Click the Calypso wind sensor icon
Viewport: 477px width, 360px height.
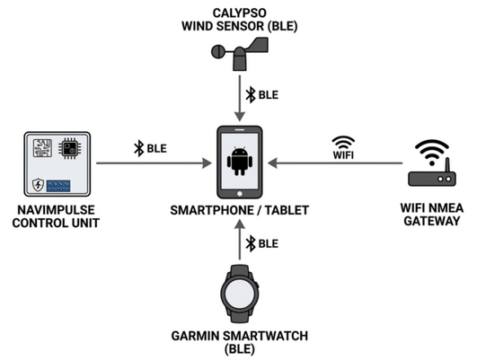pos(240,54)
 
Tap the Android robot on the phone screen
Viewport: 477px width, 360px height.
pos(240,162)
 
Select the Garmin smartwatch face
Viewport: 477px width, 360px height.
pos(240,294)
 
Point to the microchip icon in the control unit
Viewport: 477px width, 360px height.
pos(70,148)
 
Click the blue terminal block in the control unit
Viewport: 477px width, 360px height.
pos(58,186)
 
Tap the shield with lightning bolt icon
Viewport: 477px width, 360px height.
pos(38,185)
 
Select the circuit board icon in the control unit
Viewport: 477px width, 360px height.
pos(42,148)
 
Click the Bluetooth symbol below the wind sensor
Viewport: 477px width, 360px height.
pos(251,95)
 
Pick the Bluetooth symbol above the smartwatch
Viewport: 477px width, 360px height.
pos(251,243)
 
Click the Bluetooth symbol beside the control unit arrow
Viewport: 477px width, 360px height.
pos(139,148)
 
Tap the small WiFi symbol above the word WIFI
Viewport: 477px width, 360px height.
pos(343,143)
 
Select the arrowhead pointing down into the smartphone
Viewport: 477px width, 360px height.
pos(240,117)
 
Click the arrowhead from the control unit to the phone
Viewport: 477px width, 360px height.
pos(207,163)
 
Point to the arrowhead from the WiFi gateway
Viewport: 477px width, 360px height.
pos(272,163)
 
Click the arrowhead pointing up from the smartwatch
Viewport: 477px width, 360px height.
pos(240,224)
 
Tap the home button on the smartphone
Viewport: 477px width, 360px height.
pos(240,194)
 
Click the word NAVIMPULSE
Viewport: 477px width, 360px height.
pos(56,210)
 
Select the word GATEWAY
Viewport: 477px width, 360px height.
pos(432,221)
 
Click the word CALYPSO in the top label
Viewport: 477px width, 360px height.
pos(240,13)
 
